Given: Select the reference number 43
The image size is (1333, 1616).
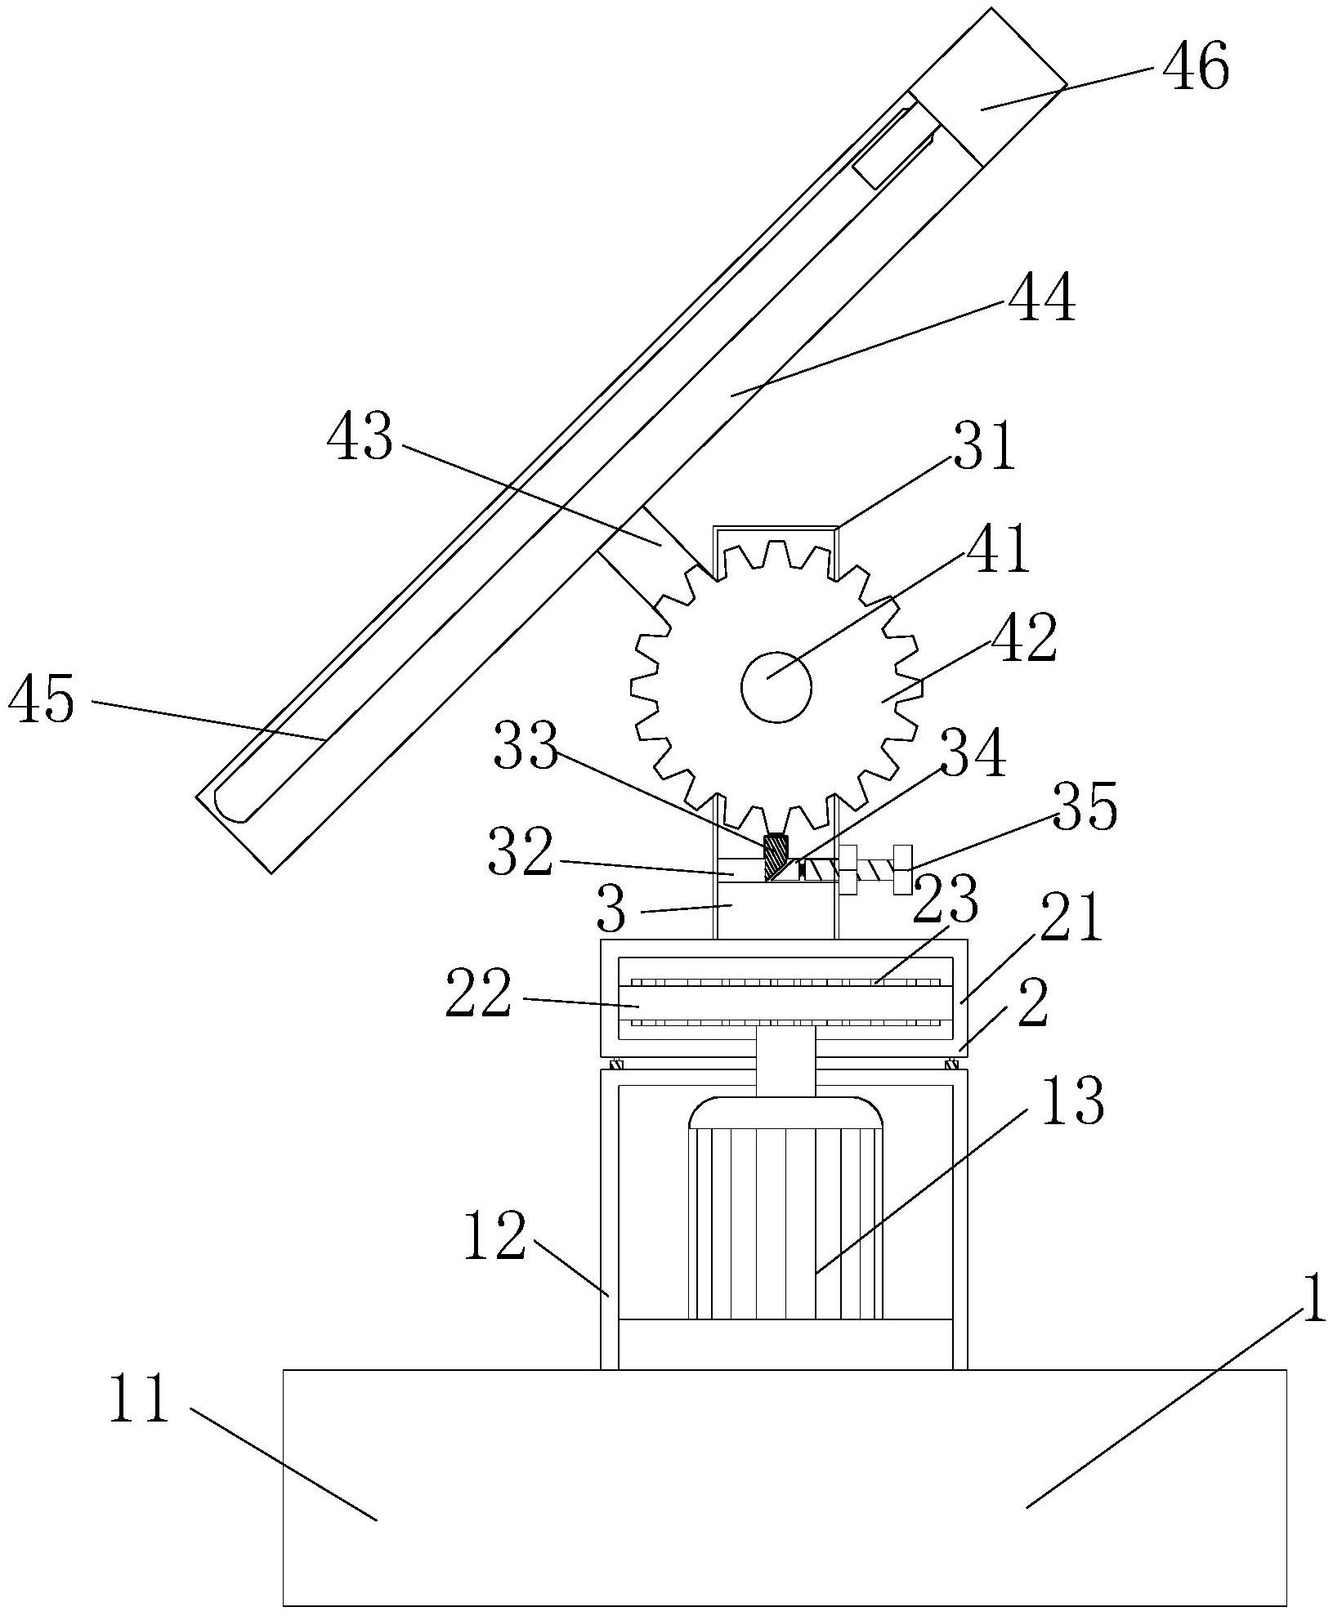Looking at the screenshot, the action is click(360, 437).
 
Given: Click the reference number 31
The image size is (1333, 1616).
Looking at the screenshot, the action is click(983, 445).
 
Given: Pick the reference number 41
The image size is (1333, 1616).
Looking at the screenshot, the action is click(997, 549).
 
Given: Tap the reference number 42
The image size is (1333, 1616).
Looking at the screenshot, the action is click(1024, 636).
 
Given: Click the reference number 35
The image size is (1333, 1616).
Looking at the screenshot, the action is click(1085, 805).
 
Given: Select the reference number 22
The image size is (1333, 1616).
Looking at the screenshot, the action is click(479, 993).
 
